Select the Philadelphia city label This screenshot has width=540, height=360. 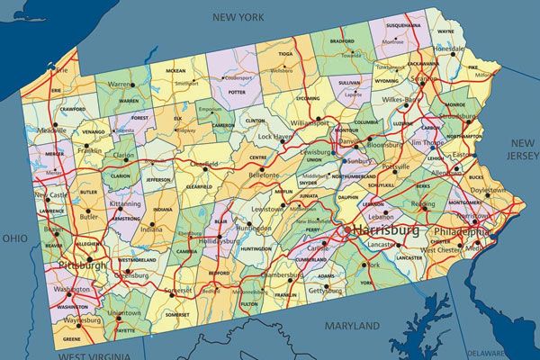coord(463,231)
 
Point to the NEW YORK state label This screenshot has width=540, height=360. coord(238,17)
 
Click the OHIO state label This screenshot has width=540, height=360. coord(14,238)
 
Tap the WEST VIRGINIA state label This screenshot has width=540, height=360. coord(91,356)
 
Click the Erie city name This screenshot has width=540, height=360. coord(62,69)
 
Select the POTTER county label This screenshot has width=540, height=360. coord(237,92)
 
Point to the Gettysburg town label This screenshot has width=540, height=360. coord(325,292)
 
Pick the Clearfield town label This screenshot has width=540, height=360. coord(204,165)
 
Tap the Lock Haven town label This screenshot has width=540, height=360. coord(275,137)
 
